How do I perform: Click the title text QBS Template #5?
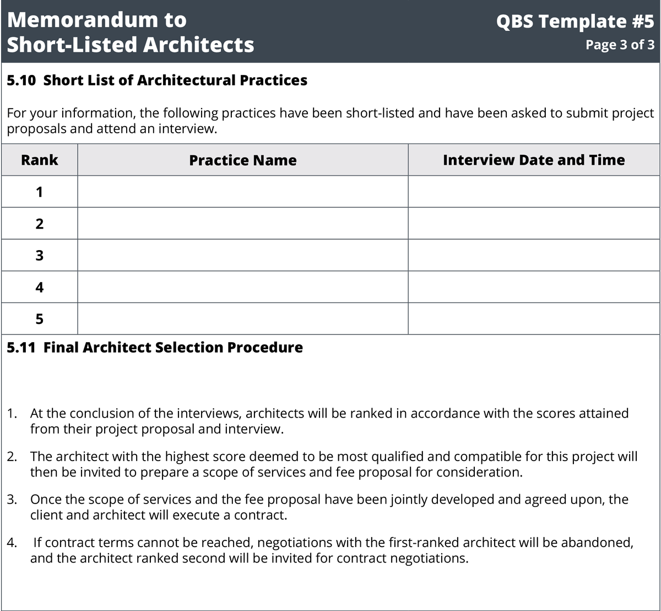coord(575,21)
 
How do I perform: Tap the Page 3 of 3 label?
coord(620,45)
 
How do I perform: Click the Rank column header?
coord(39,160)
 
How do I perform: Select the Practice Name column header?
coord(242,160)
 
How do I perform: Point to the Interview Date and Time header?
coord(534,160)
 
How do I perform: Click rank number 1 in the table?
coord(39,192)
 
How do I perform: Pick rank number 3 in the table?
coord(39,256)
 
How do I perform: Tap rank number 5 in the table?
coord(39,319)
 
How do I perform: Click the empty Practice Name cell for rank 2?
coord(242,224)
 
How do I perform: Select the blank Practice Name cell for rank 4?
coord(242,287)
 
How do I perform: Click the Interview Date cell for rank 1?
coord(534,192)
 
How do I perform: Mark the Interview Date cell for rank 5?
coord(534,318)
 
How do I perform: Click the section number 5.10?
coord(21,80)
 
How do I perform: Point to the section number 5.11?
coord(21,347)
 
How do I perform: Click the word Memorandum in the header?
coord(82,20)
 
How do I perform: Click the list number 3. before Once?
coord(12,500)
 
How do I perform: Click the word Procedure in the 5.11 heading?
coord(266,347)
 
